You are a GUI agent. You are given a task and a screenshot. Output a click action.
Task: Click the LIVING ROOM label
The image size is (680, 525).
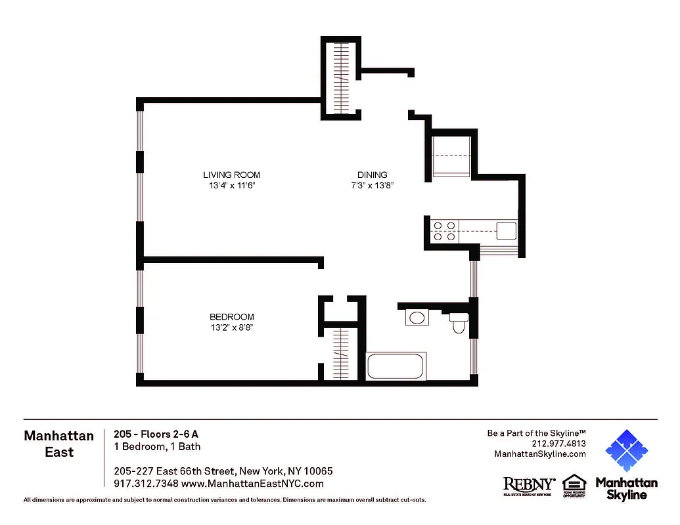231,175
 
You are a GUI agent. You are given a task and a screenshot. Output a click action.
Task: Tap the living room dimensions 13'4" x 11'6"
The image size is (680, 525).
231,186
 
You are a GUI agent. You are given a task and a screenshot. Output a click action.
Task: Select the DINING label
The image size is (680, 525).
372,175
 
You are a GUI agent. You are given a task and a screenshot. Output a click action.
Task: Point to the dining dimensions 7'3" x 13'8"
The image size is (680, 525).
372,186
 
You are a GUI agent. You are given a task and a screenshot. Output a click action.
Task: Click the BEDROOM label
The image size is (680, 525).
231,317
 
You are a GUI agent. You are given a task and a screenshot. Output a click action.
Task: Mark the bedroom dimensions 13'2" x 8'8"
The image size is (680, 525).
231,328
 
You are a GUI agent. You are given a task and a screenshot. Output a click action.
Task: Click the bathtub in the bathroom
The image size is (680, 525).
396,366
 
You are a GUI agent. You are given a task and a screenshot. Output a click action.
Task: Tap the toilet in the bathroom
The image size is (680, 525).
459,322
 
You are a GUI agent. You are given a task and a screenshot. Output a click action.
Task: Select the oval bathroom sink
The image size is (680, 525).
417,318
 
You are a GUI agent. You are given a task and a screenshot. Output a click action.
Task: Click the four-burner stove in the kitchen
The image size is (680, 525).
444,231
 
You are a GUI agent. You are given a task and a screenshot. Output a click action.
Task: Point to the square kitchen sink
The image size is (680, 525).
506,230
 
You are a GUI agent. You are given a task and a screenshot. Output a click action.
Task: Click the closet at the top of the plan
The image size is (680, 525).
340,77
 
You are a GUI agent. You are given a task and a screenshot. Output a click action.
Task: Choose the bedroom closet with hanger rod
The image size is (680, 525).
340,353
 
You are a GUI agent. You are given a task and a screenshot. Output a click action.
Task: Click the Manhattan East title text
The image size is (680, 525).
58,444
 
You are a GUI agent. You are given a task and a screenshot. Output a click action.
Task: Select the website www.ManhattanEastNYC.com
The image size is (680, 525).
252,484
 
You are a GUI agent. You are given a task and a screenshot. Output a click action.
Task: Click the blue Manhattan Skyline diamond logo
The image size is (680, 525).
626,451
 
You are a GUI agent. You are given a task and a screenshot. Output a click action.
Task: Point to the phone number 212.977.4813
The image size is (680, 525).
560,443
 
